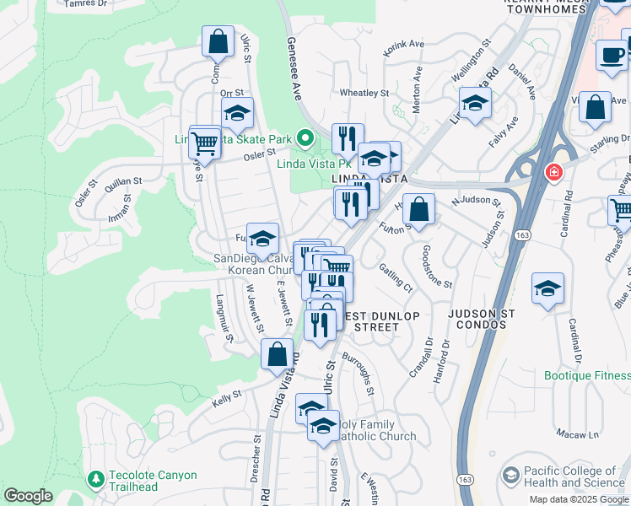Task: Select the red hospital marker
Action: click(x=553, y=173)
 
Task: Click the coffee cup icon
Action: click(x=611, y=56)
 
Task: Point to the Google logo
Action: click(x=28, y=496)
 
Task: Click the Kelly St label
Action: click(x=226, y=394)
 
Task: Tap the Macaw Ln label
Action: click(x=581, y=435)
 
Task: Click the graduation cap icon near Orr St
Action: click(x=237, y=114)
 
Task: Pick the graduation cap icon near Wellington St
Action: click(x=475, y=104)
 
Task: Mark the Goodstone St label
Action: click(x=438, y=266)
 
